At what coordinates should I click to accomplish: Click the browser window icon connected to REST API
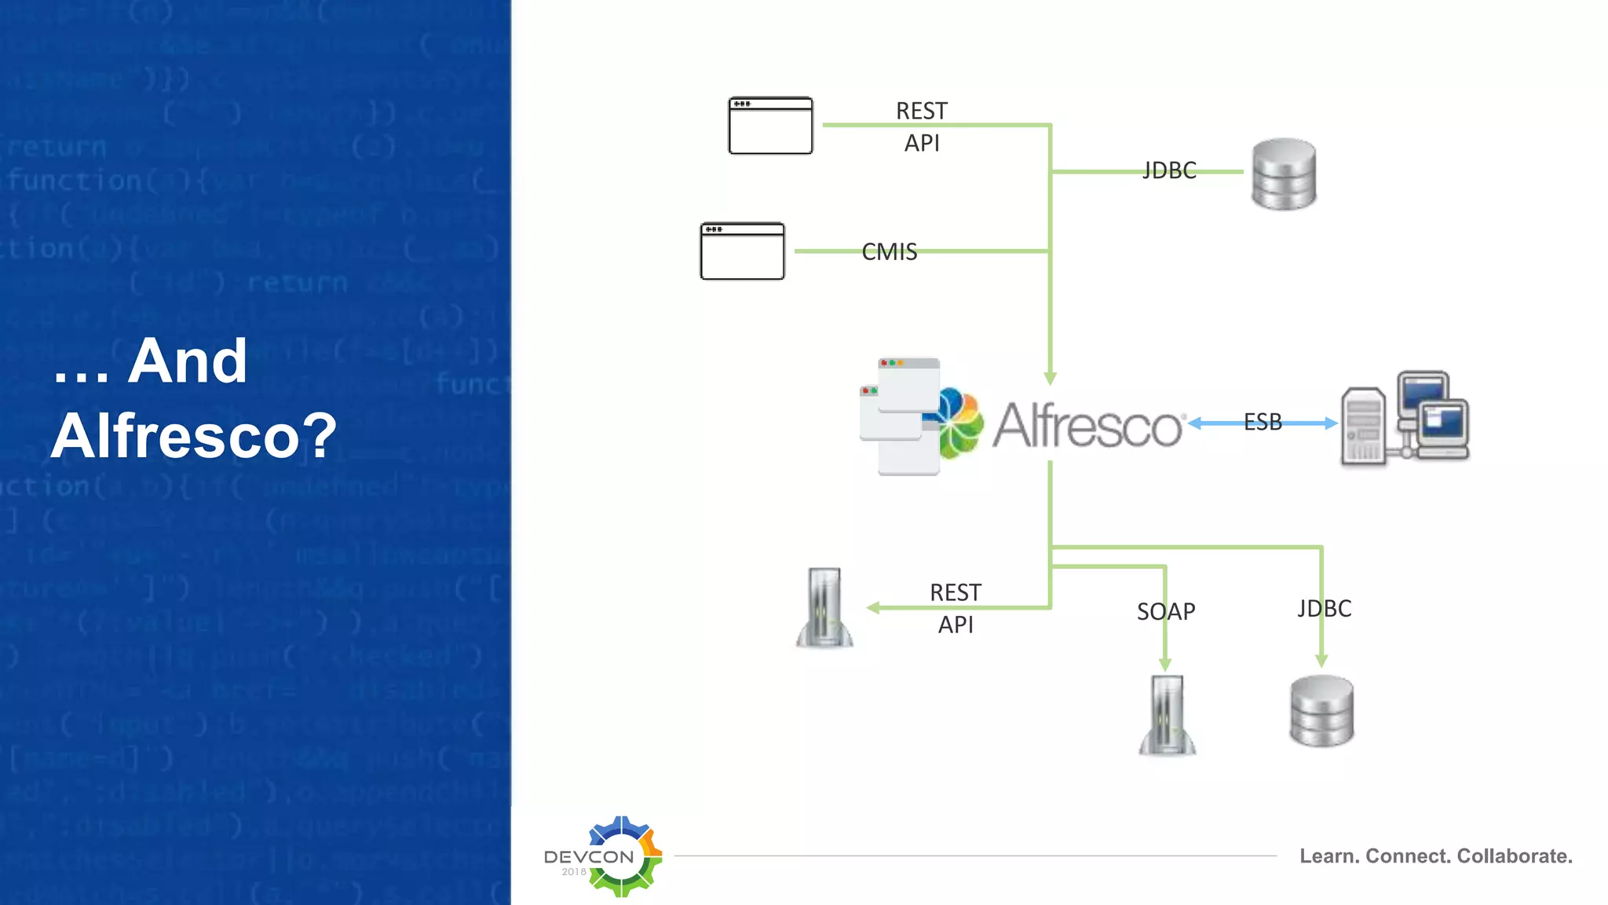tap(770, 126)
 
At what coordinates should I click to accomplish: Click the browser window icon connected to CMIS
tap(742, 251)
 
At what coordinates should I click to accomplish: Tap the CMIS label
tap(889, 252)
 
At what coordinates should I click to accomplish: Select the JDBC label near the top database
tap(1169, 170)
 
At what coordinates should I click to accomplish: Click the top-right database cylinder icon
tap(1284, 174)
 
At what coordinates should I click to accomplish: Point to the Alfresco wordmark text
tap(1087, 426)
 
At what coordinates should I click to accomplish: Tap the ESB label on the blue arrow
tap(1263, 423)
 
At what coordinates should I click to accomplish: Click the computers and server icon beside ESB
tap(1405, 420)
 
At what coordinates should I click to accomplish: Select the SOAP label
tap(1166, 611)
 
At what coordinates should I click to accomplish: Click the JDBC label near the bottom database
tap(1325, 609)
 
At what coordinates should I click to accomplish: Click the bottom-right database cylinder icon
tap(1321, 711)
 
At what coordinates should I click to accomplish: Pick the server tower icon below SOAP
tap(1167, 715)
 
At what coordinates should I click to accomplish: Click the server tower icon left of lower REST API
tap(824, 608)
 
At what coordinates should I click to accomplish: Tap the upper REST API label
tap(922, 126)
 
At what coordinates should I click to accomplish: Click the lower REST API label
tap(956, 608)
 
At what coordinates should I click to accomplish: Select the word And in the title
tap(188, 361)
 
